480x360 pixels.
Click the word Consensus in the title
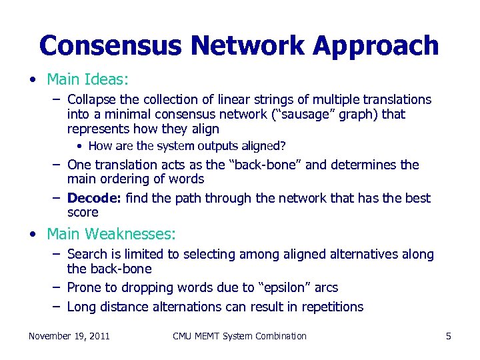pos(110,46)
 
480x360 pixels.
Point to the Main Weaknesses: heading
pos(111,234)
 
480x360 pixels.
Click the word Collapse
pos(92,100)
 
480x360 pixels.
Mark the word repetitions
pos(330,307)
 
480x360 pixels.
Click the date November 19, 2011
pos(69,336)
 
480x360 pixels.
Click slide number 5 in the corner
pos(448,336)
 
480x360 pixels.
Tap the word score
pos(83,213)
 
